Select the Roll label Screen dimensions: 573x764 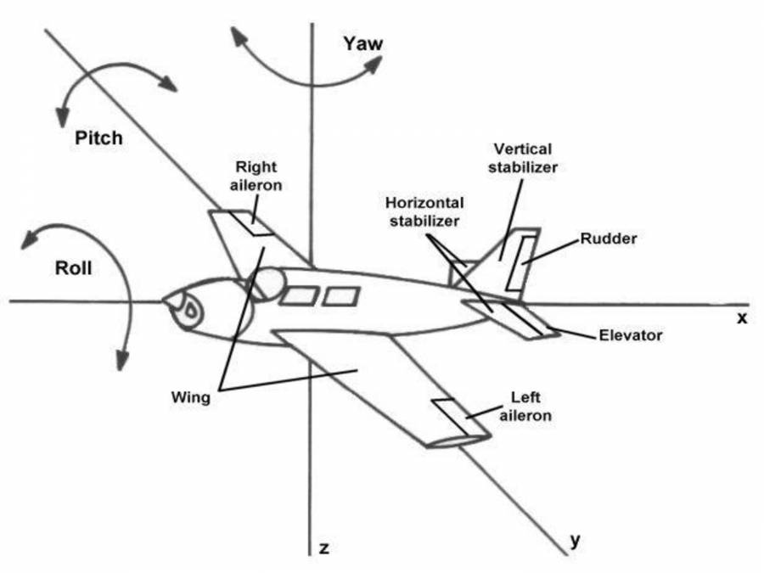73,270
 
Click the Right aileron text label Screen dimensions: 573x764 257,176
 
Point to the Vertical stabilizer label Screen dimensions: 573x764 521,158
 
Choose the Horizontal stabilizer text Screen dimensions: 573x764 424,212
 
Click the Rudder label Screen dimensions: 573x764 609,239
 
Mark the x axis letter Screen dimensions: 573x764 740,317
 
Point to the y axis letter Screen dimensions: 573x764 575,540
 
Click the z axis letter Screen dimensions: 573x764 323,548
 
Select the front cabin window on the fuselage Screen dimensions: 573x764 299,296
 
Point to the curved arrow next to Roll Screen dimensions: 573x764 102,280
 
